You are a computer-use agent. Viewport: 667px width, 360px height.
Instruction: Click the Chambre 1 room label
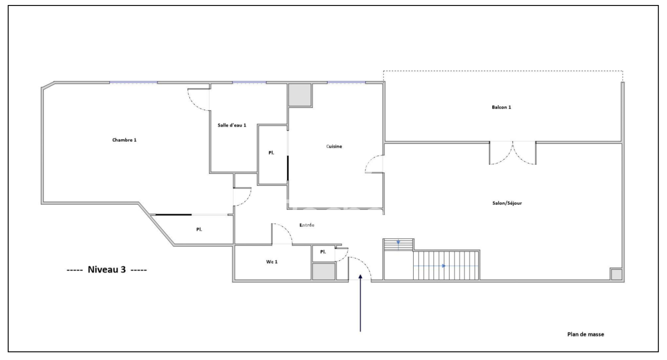click(x=124, y=140)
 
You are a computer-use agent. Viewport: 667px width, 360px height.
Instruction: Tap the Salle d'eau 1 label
click(x=232, y=125)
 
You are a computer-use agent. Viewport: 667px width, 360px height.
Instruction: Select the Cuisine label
click(x=334, y=146)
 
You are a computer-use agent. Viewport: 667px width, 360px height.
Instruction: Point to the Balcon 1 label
click(x=502, y=107)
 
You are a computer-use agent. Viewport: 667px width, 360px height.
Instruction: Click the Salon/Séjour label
click(x=507, y=203)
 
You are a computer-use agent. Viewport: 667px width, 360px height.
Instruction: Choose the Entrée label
click(x=307, y=225)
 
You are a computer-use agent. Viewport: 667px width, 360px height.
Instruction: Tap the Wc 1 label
click(x=271, y=262)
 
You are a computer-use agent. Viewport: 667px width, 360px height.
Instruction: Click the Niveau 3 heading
click(x=107, y=270)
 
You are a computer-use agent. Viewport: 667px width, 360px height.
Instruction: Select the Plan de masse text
click(x=585, y=335)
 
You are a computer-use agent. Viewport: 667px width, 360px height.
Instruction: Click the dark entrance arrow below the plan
click(x=360, y=303)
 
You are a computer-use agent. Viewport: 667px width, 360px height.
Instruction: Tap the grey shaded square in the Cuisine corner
click(x=300, y=95)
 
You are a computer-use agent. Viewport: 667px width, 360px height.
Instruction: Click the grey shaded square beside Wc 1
click(x=323, y=272)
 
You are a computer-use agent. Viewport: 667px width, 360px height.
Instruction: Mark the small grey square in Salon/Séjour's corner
click(x=617, y=274)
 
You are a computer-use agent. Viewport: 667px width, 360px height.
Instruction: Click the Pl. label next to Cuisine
click(x=271, y=153)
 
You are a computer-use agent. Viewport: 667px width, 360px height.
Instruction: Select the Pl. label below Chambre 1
click(x=199, y=229)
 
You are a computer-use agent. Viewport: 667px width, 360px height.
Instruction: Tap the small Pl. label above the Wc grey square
click(x=323, y=252)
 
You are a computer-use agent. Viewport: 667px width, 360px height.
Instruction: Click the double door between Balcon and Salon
click(x=513, y=153)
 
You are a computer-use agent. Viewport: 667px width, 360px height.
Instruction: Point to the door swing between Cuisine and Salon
click(x=374, y=164)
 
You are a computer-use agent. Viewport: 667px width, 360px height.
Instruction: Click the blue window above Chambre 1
click(x=133, y=83)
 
